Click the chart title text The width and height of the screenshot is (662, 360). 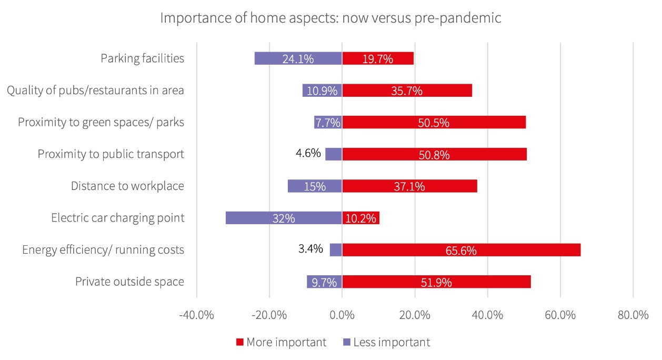tap(330, 18)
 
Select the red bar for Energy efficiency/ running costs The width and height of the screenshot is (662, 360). tap(461, 249)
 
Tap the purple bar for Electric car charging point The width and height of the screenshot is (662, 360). tap(284, 218)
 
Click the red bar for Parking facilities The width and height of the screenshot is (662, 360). tap(378, 58)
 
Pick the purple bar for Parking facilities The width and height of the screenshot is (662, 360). tap(298, 58)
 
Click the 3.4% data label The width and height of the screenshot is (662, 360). tap(310, 249)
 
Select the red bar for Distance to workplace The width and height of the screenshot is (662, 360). tap(409, 186)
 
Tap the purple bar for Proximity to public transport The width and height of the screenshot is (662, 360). tap(334, 154)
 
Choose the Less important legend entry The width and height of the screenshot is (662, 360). tap(391, 342)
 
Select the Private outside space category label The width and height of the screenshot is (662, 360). tap(129, 282)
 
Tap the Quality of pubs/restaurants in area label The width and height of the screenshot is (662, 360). tap(95, 90)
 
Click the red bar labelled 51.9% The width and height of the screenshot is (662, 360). tap(436, 282)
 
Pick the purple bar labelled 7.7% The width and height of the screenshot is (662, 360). tap(328, 122)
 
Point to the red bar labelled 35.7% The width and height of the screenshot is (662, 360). tap(407, 90)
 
